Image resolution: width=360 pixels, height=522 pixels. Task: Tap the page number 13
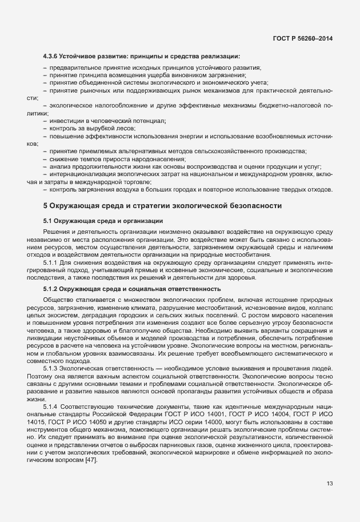tap(330, 484)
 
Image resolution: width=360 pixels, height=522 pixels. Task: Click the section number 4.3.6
tap(52, 56)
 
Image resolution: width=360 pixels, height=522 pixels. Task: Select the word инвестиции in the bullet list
tap(67, 121)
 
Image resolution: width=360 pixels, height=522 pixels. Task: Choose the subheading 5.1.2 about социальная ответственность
tap(131, 289)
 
